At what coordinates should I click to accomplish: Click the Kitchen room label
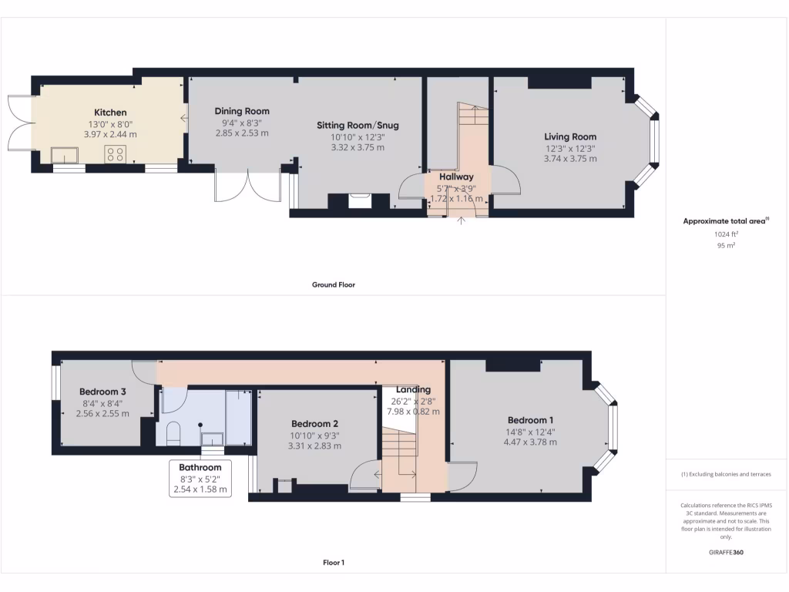tap(110, 113)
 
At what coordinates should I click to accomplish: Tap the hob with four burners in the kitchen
tap(116, 154)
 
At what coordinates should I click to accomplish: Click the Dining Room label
tap(242, 111)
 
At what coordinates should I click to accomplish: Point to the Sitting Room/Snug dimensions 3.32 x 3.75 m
tap(358, 147)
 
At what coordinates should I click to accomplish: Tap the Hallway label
tap(457, 177)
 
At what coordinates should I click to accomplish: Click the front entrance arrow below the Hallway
tap(462, 222)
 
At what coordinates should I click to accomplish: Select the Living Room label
tap(570, 136)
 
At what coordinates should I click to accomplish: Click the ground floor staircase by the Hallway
tap(472, 131)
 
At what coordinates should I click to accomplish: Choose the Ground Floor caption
tap(333, 284)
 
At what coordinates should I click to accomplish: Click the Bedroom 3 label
tap(102, 392)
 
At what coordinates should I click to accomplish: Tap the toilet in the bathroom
tap(173, 433)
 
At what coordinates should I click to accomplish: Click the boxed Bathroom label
tap(200, 467)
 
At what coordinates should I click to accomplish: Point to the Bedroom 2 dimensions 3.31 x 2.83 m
tap(314, 446)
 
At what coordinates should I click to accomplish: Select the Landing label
tap(413, 389)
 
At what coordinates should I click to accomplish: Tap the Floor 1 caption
tap(333, 563)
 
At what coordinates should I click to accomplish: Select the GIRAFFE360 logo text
tap(727, 553)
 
